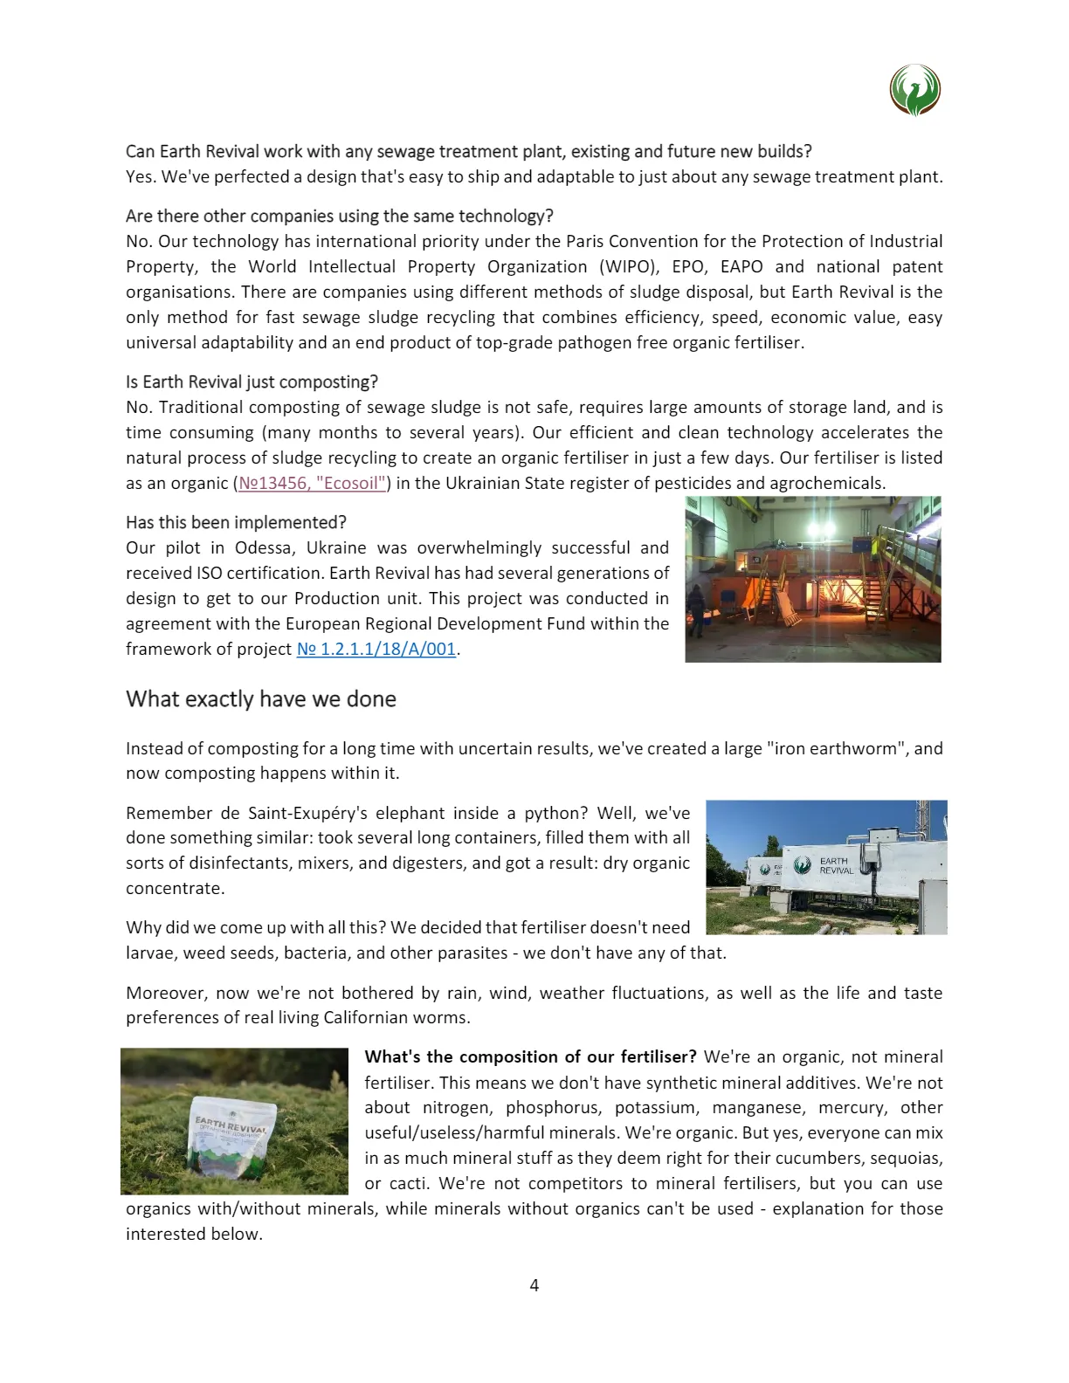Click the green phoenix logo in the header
pos(914,90)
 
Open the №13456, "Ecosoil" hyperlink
pos(312,483)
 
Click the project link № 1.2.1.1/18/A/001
pos(376,649)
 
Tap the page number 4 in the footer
pos(534,1284)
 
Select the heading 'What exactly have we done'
pos(260,698)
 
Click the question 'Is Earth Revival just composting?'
pos(252,382)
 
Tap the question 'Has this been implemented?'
pos(236,522)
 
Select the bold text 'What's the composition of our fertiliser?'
pos(530,1056)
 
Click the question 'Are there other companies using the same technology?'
pos(339,216)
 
